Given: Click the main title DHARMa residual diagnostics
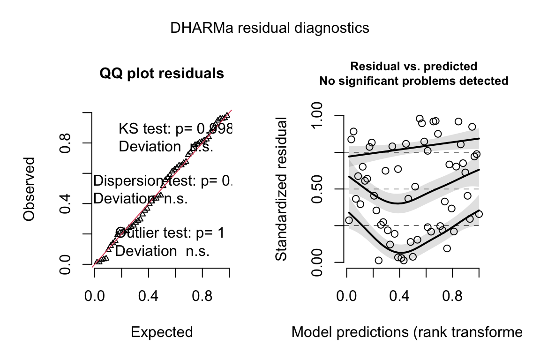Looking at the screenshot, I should [x=270, y=28].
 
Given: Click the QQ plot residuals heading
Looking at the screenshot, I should [x=162, y=74].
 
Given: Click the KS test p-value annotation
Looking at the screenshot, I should [x=175, y=128].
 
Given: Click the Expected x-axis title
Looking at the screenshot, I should [x=162, y=332].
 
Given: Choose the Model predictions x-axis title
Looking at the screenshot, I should [x=406, y=332].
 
